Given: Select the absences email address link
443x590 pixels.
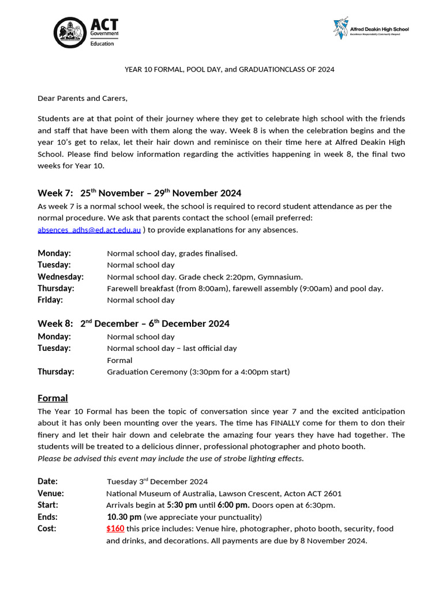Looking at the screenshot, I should pos(89,230).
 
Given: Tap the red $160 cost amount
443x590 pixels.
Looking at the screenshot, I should pos(115,528).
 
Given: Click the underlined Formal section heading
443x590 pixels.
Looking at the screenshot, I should pos(52,398).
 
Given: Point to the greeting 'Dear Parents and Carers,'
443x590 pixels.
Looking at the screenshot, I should pos(82,98).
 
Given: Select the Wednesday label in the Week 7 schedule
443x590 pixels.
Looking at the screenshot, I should pos(61,277).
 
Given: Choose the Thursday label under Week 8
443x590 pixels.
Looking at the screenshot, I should pos(56,372).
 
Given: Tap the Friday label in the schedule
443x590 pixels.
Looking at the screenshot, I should pos(50,300).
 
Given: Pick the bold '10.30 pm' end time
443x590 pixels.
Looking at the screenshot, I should pos(124,516).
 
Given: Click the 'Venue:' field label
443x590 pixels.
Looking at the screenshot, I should pos(51,493).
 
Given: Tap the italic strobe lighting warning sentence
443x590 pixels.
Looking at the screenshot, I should pos(170,459).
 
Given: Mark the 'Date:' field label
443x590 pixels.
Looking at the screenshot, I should pos(48,481).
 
